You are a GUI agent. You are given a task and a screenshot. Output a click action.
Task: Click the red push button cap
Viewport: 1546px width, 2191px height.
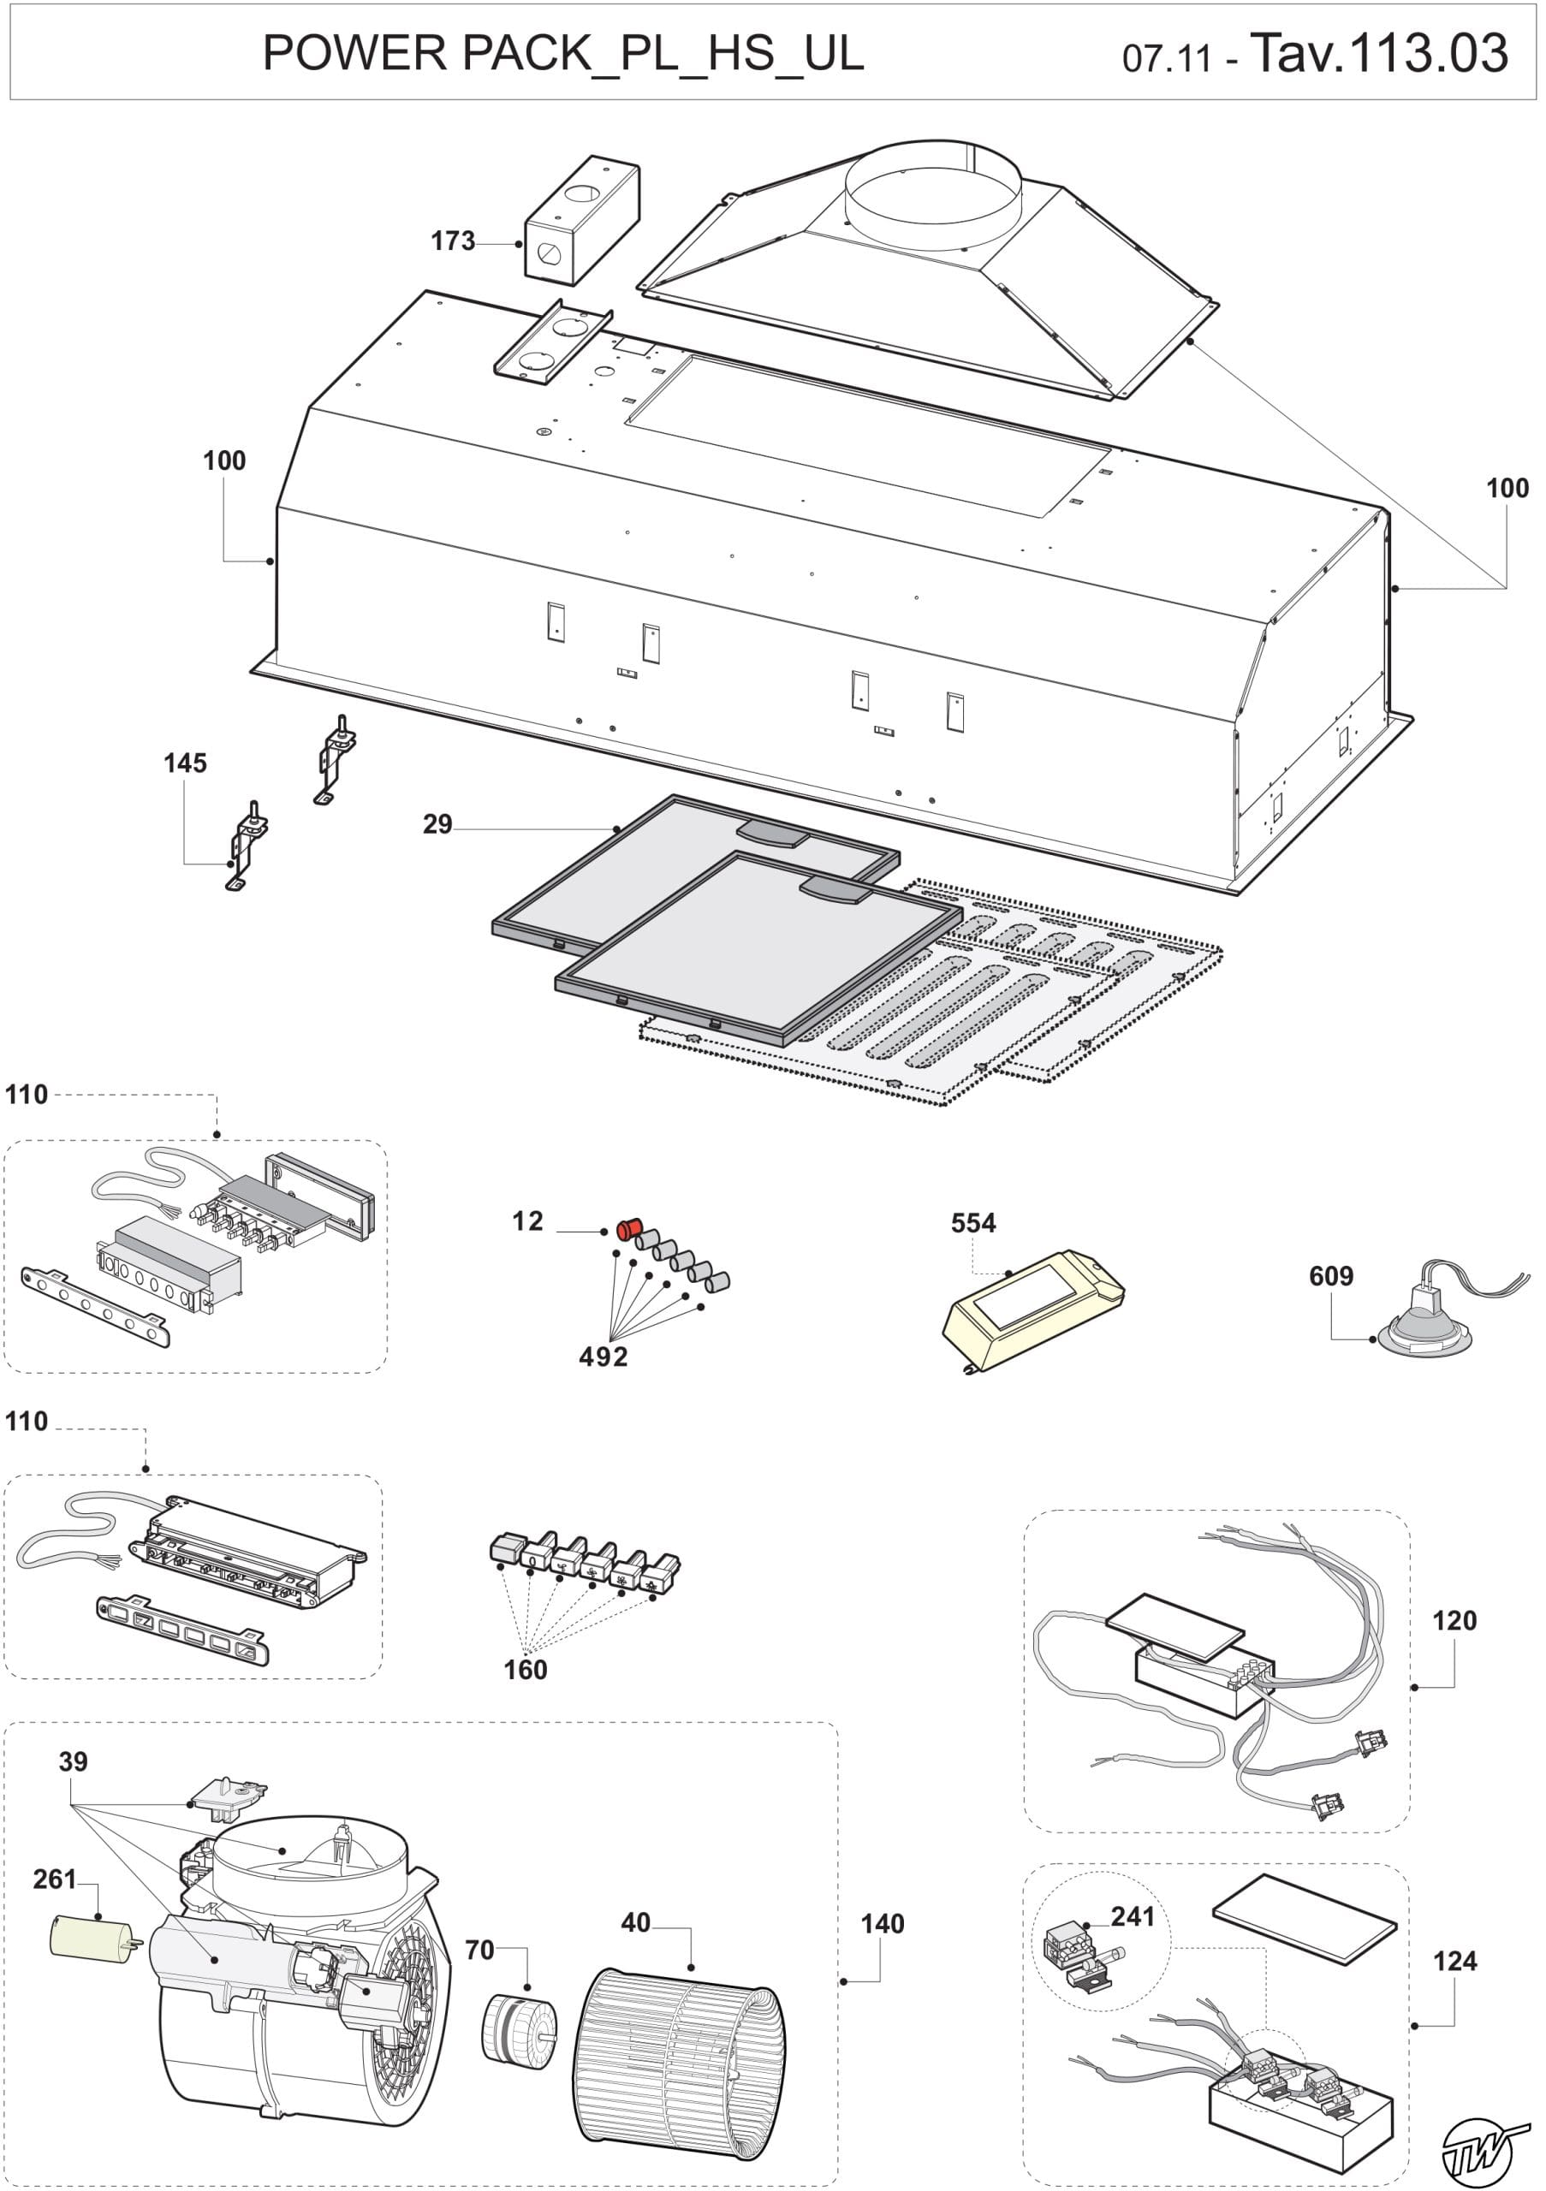pos(628,1230)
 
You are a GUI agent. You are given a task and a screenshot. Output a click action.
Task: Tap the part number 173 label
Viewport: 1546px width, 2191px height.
pos(452,241)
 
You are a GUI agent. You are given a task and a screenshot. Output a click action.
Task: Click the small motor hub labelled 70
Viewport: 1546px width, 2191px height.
pos(520,2028)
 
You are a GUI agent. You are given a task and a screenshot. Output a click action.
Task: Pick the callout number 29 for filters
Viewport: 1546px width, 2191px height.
pos(437,824)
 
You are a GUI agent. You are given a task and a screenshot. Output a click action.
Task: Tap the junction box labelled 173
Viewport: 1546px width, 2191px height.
pos(581,221)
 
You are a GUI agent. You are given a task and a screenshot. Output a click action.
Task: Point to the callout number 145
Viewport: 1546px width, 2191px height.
pos(184,763)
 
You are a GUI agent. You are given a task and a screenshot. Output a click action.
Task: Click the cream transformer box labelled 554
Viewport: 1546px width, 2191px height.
pos(1032,1308)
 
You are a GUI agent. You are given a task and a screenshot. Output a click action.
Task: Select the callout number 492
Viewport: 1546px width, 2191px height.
pos(604,1356)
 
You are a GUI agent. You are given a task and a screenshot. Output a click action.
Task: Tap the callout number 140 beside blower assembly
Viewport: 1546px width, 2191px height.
pos(882,1924)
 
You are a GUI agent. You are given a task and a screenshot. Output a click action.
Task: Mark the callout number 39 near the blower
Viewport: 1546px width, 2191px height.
pos(73,1761)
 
